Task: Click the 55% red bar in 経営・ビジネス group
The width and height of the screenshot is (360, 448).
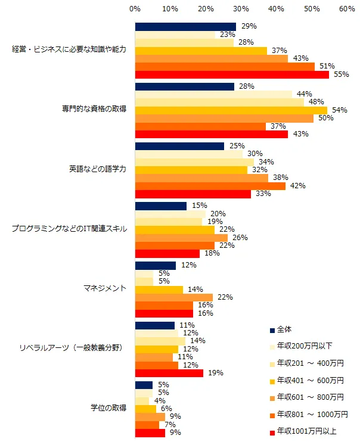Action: [x=232, y=74]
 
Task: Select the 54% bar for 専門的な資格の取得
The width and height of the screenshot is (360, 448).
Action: [x=231, y=110]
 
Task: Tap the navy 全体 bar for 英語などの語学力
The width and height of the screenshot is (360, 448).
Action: [x=179, y=146]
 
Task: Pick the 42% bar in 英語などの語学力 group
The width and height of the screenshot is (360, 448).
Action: [x=210, y=186]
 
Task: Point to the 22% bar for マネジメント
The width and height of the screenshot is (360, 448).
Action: [x=173, y=297]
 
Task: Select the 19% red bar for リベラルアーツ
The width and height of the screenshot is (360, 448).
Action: [x=169, y=373]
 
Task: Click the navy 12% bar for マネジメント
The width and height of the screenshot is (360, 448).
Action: [x=156, y=265]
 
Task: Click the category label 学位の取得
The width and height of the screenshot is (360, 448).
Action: [x=108, y=408]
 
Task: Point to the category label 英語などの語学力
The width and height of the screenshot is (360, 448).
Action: [x=97, y=169]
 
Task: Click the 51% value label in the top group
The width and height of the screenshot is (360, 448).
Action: [x=327, y=66]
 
